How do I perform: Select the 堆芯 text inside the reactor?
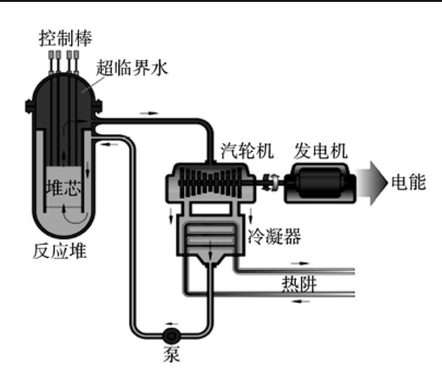tap(63, 189)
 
